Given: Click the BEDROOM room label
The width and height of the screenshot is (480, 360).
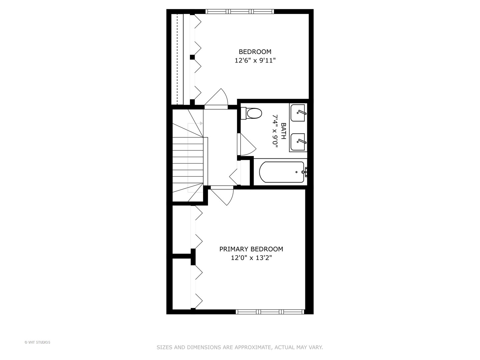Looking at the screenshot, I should (x=255, y=52).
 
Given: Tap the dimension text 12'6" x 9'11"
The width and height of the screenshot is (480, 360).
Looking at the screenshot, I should (x=255, y=61).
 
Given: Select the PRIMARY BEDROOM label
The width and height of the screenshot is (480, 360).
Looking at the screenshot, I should (x=251, y=249).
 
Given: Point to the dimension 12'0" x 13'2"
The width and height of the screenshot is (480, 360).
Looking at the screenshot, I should (x=251, y=258).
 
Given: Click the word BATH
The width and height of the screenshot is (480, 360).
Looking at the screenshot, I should (x=283, y=131).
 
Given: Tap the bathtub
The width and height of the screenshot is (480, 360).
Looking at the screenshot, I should (x=282, y=172).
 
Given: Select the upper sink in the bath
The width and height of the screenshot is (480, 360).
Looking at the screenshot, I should (x=298, y=113).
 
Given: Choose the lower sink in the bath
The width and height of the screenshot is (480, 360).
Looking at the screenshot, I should (x=298, y=142).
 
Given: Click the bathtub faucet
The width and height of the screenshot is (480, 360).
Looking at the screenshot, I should (x=305, y=172).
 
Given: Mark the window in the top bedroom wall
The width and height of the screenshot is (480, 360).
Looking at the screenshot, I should (x=240, y=11).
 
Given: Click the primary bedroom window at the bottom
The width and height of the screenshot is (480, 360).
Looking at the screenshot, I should (x=270, y=312).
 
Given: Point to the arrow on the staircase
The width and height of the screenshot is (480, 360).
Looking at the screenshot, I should (x=201, y=123).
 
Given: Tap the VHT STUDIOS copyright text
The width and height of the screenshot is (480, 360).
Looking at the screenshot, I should (x=37, y=342).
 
